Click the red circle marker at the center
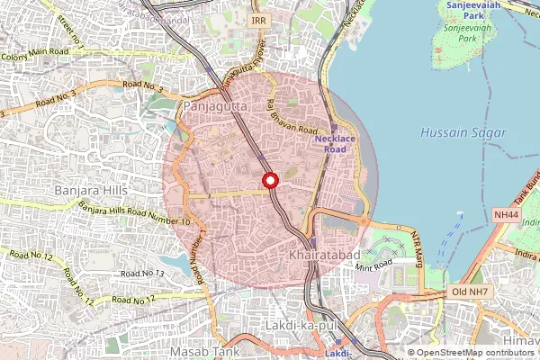point(269,181)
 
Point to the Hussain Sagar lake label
point(463,132)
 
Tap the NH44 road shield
point(507,215)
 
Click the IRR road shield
point(259,20)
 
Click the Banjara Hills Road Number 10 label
point(134,215)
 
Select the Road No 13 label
point(141,273)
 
